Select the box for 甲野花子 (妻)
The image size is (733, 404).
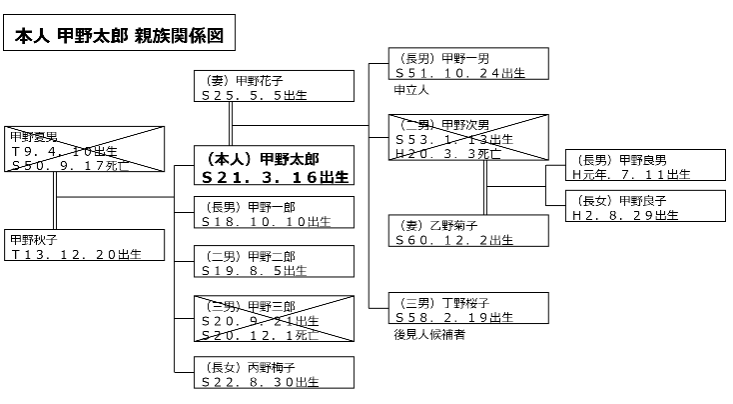(x=274, y=87)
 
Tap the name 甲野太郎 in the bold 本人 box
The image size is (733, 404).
(x=297, y=158)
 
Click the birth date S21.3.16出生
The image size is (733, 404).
(x=275, y=177)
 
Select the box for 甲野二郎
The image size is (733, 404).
(x=274, y=262)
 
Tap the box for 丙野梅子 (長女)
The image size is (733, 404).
(x=274, y=373)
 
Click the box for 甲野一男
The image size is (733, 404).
(x=469, y=65)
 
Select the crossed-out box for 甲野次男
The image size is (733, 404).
(x=469, y=139)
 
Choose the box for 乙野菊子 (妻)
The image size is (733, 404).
(x=469, y=232)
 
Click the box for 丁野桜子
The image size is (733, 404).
(x=469, y=309)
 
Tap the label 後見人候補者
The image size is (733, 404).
(x=430, y=334)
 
